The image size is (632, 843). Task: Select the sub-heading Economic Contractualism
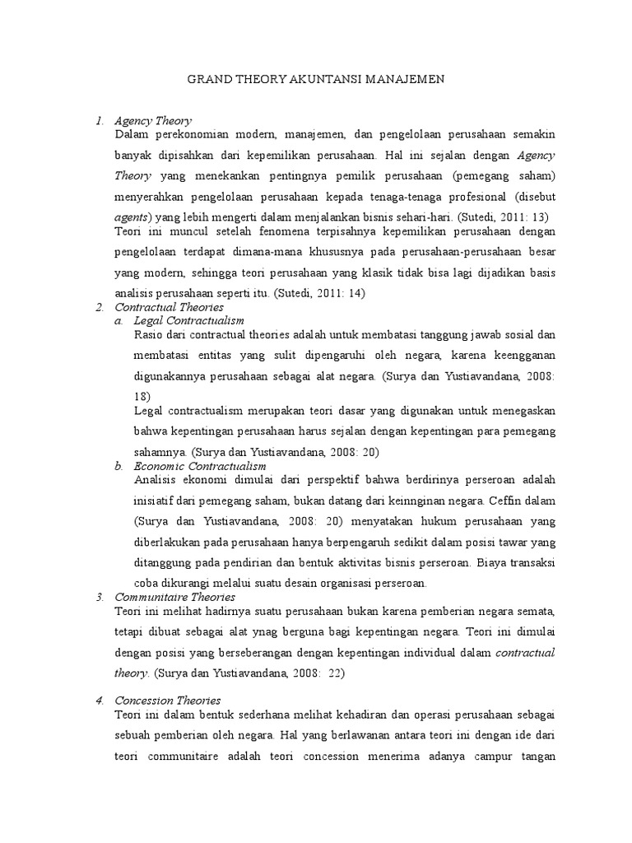200,466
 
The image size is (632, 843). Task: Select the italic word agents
132,217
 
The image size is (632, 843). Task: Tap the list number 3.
98,596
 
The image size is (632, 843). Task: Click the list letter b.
118,466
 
